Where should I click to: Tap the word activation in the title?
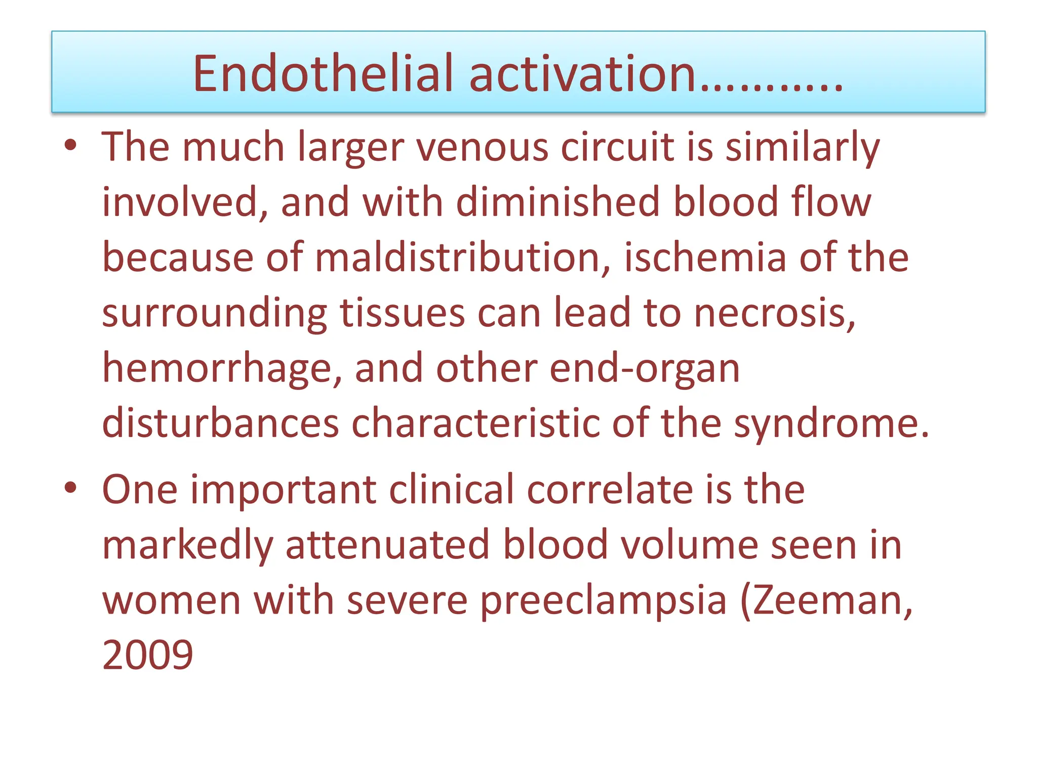[582, 74]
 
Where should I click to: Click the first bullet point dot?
[70, 145]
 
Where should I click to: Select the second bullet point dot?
[70, 488]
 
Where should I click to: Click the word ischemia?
[705, 258]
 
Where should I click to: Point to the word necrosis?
[774, 313]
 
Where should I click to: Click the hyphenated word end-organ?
[645, 369]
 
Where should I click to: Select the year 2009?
[147, 655]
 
